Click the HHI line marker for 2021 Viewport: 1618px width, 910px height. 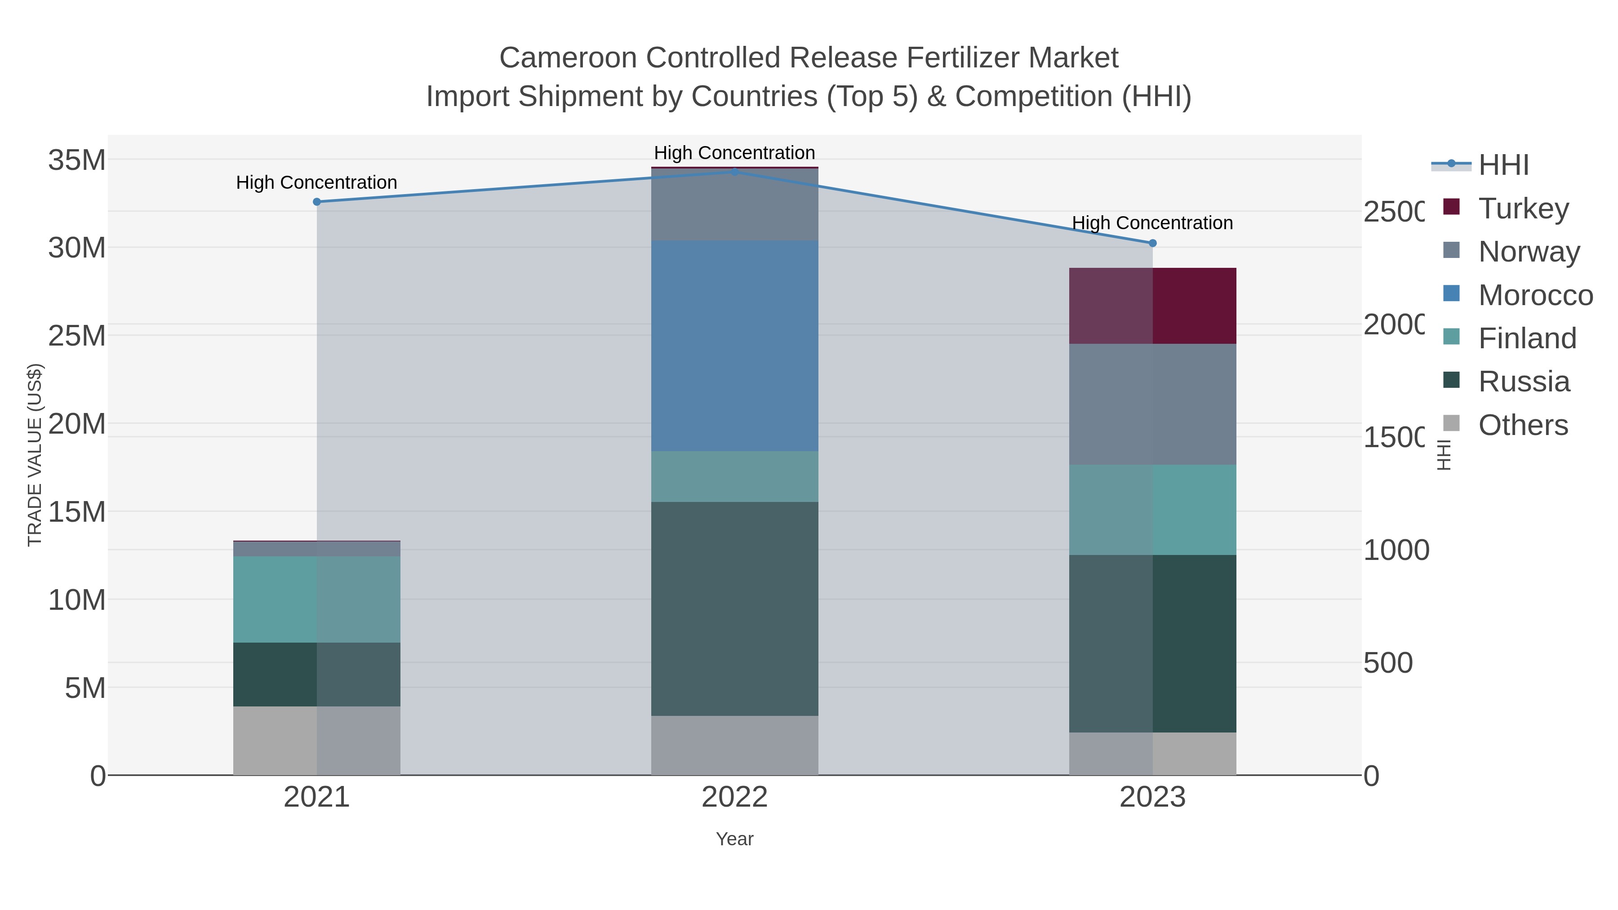316,202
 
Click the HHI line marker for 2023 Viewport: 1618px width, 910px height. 1152,243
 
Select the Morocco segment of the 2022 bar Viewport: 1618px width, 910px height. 734,346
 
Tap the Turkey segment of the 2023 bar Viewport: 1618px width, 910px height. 1152,306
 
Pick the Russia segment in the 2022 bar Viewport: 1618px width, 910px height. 734,608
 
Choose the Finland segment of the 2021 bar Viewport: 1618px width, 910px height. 316,599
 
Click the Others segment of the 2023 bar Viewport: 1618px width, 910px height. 1152,753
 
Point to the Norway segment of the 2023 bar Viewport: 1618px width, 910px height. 1152,404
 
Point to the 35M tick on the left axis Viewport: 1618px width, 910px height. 76,160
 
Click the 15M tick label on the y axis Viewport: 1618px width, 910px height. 76,512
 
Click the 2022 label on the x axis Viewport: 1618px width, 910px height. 734,797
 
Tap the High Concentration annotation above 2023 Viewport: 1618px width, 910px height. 1152,223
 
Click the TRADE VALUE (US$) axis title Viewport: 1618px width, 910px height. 35,455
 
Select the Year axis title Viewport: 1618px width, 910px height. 734,839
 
